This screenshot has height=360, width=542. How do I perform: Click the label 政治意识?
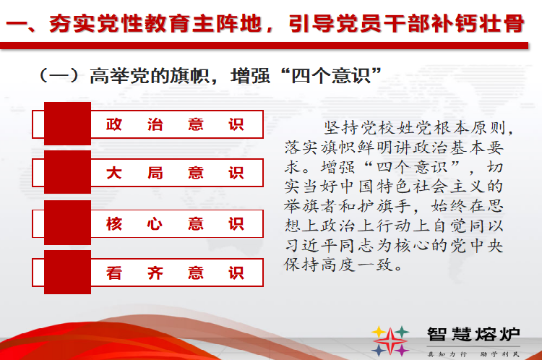[x=175, y=124]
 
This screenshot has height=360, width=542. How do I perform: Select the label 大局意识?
[x=175, y=173]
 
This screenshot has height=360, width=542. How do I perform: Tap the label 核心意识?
[x=175, y=224]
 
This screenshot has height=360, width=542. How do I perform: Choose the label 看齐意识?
[x=175, y=273]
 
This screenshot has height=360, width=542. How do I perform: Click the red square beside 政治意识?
[x=67, y=124]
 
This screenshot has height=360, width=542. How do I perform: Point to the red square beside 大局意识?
[x=67, y=172]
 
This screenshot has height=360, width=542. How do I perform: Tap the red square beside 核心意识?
[x=67, y=223]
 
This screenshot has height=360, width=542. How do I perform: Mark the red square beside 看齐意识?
[x=67, y=272]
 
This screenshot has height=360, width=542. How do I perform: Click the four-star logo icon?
[x=390, y=341]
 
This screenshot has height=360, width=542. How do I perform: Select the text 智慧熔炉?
[x=473, y=334]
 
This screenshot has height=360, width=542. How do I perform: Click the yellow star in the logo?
[x=379, y=332]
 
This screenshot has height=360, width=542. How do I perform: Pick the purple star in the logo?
[x=402, y=351]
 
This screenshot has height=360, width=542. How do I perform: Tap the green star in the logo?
[x=402, y=332]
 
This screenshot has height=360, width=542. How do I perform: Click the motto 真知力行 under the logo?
[x=447, y=354]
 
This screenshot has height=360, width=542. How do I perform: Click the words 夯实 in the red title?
[x=72, y=24]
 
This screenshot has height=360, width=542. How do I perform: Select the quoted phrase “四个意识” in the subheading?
[x=332, y=75]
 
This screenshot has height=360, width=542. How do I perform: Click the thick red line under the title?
[x=264, y=46]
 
